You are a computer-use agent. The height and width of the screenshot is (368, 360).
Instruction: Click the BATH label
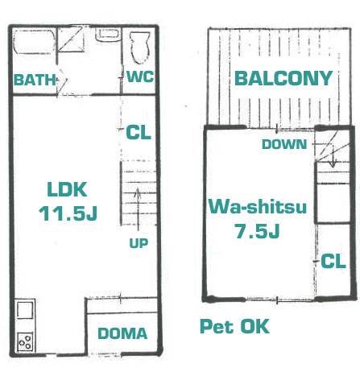[35, 80]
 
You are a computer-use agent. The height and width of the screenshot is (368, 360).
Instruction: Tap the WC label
[140, 76]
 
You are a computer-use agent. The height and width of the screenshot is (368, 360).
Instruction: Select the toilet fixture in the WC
[139, 48]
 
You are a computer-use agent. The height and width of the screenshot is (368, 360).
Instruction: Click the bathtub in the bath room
[34, 42]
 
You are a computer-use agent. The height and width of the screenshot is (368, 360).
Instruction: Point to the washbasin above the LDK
[108, 35]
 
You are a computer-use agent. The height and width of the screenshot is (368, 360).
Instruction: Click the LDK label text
[67, 189]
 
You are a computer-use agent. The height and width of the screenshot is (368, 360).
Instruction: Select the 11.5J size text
[68, 213]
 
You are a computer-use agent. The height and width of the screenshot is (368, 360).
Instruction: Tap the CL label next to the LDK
[139, 132]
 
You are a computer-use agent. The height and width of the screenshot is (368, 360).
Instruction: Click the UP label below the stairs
[139, 243]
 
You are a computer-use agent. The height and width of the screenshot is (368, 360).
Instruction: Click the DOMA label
[122, 333]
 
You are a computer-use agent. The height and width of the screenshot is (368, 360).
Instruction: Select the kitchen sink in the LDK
[25, 310]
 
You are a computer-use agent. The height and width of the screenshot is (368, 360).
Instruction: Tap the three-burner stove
[26, 341]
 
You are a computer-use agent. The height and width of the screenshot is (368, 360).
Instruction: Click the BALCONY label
[283, 78]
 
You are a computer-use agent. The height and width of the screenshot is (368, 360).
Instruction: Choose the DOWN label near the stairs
[284, 144]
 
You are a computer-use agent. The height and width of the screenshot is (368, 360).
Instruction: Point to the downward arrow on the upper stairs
[333, 155]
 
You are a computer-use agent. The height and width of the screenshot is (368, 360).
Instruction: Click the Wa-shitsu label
[258, 206]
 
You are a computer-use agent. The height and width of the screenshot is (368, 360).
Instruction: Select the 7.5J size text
[258, 231]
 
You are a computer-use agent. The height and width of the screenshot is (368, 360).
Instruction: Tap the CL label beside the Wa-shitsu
[333, 262]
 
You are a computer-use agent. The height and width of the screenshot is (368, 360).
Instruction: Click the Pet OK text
[234, 326]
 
